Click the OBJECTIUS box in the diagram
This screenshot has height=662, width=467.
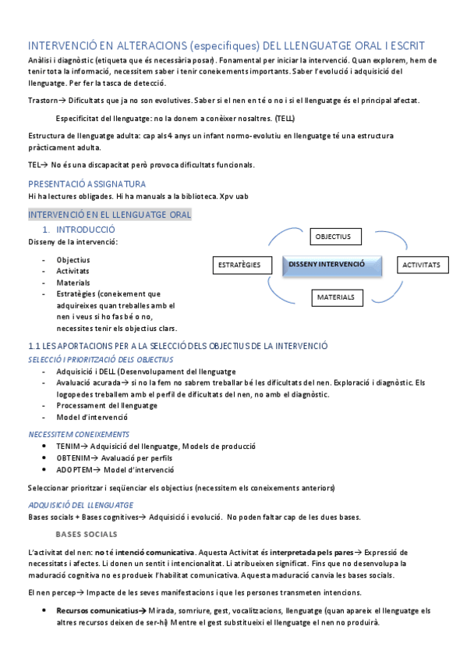[333, 237]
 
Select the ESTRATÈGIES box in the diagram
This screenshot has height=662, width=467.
[239, 265]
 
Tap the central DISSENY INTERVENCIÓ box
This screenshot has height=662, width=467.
[332, 265]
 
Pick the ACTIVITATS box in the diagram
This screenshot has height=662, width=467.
[422, 265]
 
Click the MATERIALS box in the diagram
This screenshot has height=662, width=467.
[336, 297]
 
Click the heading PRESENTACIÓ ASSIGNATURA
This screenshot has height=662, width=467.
[87, 183]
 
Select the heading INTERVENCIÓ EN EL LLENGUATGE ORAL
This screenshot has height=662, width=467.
[109, 215]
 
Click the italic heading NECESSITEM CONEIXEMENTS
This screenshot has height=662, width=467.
[79, 434]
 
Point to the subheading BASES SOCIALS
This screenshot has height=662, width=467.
[87, 535]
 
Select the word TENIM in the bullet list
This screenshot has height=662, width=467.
[69, 447]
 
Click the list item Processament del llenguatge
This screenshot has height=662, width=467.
[107, 406]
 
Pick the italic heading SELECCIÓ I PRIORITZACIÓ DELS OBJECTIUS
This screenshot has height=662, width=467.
[101, 359]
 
